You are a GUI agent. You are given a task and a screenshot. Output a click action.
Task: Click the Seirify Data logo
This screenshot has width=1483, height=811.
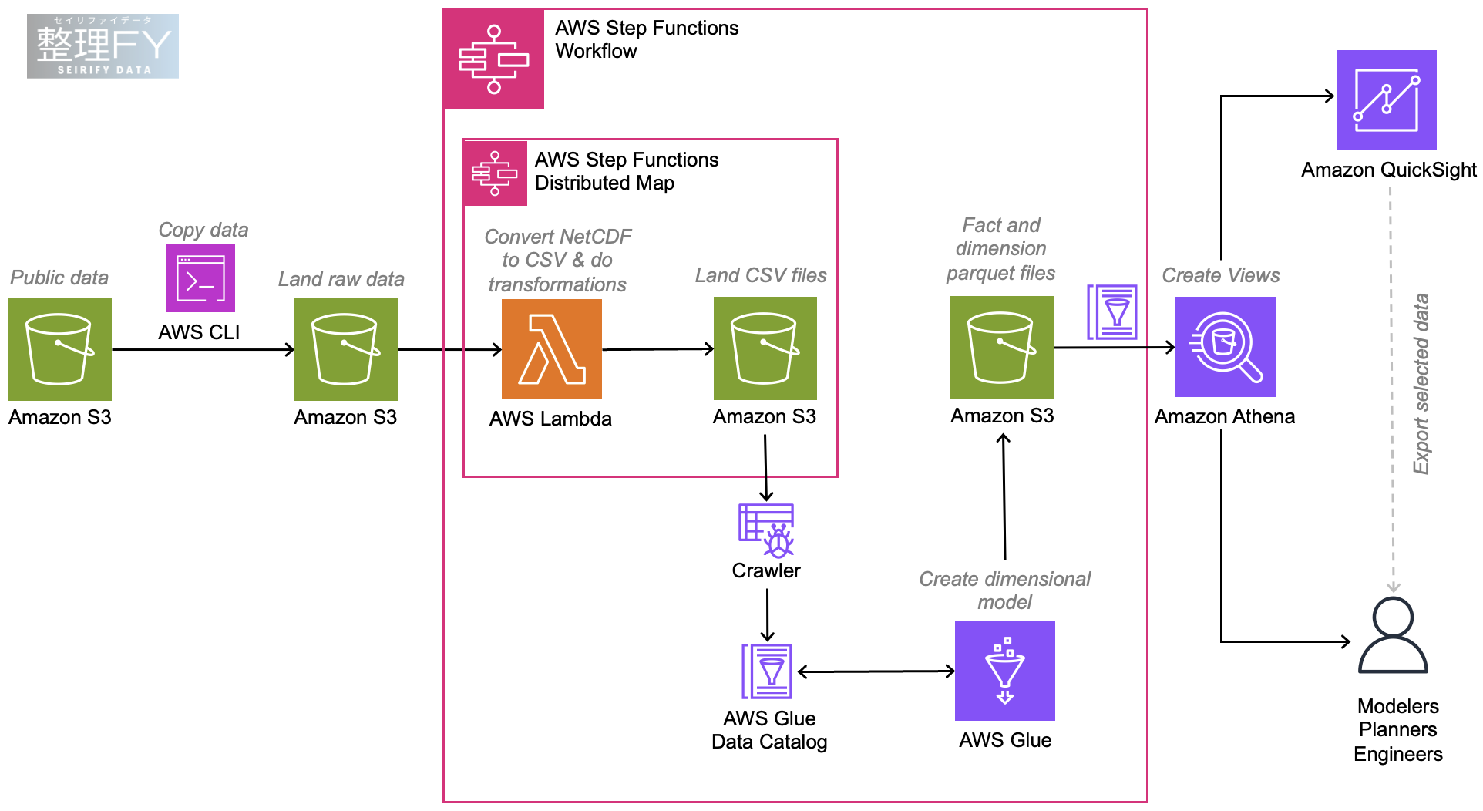click(x=103, y=46)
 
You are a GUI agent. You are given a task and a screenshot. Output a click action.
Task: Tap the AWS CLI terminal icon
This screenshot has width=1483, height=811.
click(x=200, y=278)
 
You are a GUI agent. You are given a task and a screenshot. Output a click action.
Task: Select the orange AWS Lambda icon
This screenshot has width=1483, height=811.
click(x=552, y=349)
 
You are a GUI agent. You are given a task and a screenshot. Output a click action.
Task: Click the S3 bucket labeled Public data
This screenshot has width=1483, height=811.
click(x=60, y=349)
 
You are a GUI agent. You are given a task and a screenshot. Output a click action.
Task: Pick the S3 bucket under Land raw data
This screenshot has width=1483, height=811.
click(x=346, y=349)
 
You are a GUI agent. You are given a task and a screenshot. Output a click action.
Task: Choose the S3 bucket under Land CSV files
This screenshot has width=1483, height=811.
click(x=765, y=348)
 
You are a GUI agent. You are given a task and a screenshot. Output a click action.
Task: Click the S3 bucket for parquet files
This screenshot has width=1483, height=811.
click(x=1002, y=348)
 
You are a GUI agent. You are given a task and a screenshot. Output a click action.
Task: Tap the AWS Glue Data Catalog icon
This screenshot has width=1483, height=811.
click(x=767, y=671)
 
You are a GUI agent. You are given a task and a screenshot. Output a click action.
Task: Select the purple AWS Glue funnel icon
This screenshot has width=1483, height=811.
click(x=1005, y=671)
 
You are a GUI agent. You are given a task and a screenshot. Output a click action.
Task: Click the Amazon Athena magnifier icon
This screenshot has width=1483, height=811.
click(x=1225, y=347)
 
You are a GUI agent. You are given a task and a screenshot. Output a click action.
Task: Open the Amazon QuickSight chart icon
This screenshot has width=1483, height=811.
click(x=1386, y=100)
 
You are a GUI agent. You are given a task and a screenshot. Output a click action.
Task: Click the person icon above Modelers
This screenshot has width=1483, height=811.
click(x=1393, y=635)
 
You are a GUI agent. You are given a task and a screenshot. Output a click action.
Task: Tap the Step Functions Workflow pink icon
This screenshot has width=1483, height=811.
click(x=494, y=59)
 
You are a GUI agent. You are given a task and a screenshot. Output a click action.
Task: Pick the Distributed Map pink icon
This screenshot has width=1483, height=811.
click(x=496, y=173)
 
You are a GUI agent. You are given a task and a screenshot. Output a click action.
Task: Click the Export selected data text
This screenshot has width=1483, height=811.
click(x=1421, y=384)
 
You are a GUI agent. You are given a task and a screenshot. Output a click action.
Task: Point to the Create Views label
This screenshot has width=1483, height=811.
click(x=1220, y=275)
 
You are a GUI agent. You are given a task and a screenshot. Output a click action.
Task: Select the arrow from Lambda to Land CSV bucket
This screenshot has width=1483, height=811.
click(x=657, y=349)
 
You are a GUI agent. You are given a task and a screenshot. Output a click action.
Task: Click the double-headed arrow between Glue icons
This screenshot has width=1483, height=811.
click(x=876, y=671)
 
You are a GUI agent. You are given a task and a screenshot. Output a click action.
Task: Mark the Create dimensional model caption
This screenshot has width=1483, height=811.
click(x=1004, y=591)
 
